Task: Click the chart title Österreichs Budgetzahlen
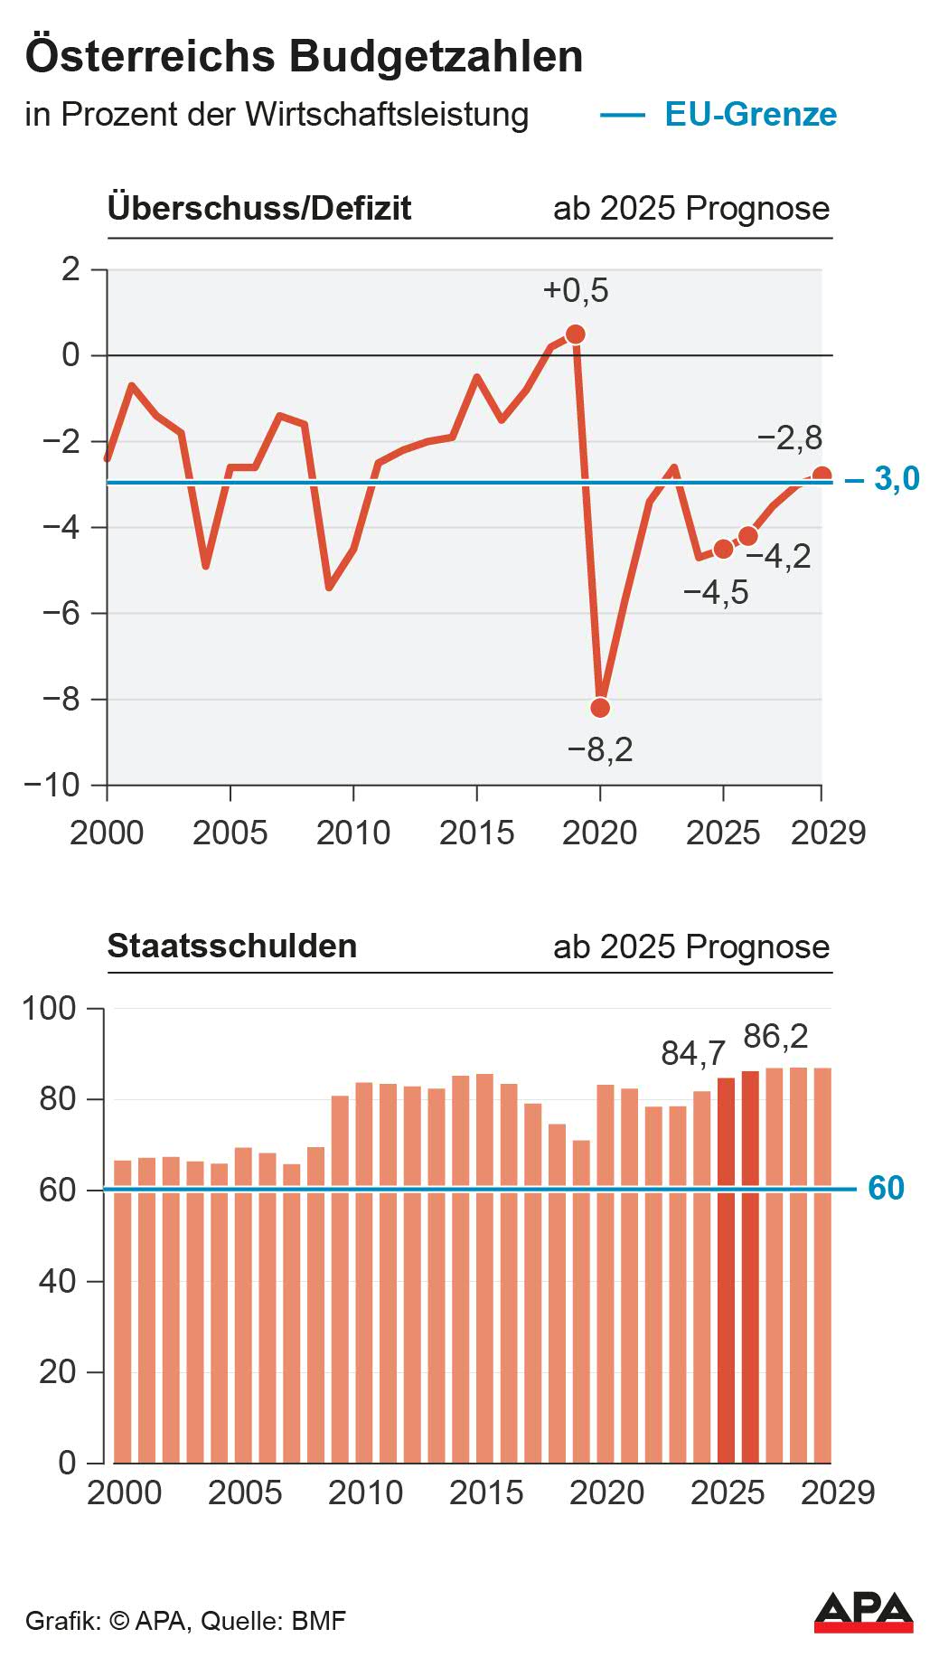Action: coord(304,56)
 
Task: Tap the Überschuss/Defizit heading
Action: coord(259,208)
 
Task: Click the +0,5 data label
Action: coord(576,291)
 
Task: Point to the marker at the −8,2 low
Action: coord(600,707)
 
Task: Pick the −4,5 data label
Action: coord(716,593)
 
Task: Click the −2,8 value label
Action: coord(789,438)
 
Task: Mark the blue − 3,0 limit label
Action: coord(883,478)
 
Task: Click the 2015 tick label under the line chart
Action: coord(476,833)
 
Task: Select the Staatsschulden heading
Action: coord(232,946)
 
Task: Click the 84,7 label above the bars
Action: coord(693,1053)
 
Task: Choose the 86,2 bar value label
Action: coord(775,1036)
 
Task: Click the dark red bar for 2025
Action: coord(726,1266)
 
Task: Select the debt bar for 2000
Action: coord(122,1311)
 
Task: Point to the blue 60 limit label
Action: coord(886,1188)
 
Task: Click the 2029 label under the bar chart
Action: coord(838,1492)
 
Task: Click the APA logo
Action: coord(863,1613)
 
